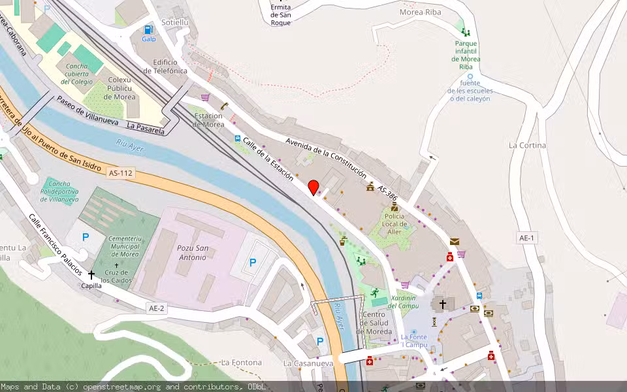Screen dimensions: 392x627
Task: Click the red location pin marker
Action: (x=313, y=187)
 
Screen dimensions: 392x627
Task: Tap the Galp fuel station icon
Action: (x=149, y=29)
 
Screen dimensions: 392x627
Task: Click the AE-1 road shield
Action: (x=527, y=238)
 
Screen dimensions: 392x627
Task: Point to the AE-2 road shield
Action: (x=157, y=308)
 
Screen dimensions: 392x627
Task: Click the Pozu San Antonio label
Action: (x=193, y=252)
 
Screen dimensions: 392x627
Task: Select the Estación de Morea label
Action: (x=209, y=120)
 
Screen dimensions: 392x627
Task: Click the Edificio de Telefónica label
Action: (x=170, y=66)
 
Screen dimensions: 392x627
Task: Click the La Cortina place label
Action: (x=527, y=145)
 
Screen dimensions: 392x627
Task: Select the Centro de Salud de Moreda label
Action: (x=374, y=323)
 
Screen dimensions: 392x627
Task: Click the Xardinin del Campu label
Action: (x=403, y=301)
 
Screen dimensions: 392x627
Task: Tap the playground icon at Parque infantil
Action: (x=465, y=31)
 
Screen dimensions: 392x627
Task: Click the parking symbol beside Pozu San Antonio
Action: (x=252, y=263)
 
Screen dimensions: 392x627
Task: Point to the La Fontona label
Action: (x=242, y=362)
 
